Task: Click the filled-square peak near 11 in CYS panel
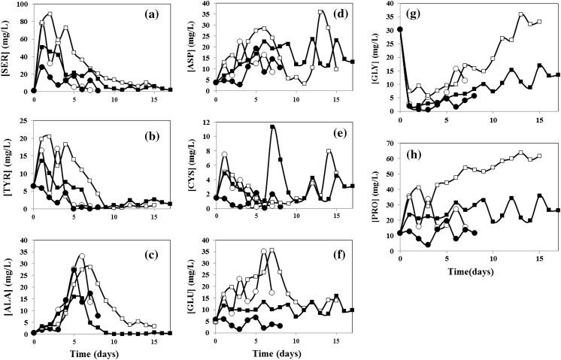click(272, 126)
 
